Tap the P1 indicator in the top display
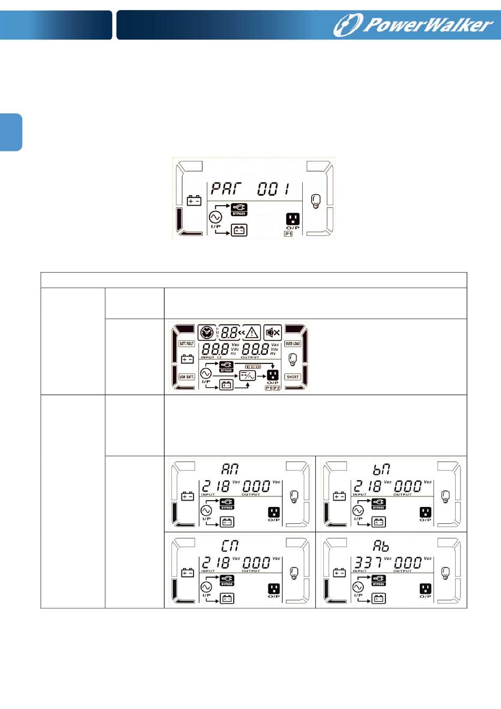(288, 234)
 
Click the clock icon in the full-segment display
(207, 332)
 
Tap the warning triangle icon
(252, 332)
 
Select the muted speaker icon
(273, 332)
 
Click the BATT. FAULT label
(187, 343)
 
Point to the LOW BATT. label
(187, 377)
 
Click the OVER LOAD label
(293, 343)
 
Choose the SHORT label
(293, 377)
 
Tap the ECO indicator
(253, 367)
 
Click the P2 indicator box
(276, 388)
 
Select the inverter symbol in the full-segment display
(247, 376)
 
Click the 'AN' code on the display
(230, 468)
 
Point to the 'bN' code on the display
(381, 468)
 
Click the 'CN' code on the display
(230, 545)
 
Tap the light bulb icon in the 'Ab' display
(446, 572)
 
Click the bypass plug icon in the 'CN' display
(227, 579)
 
